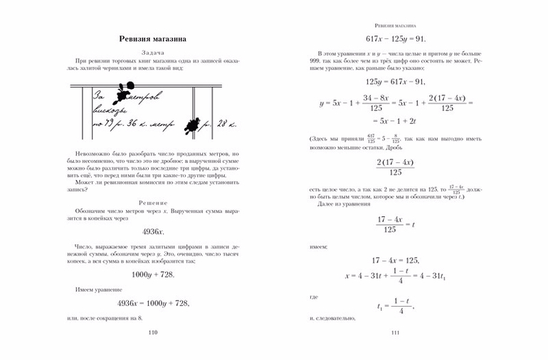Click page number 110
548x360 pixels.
tap(152, 332)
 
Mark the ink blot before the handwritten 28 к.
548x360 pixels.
tap(191, 125)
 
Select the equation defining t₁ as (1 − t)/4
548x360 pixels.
tap(395, 307)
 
